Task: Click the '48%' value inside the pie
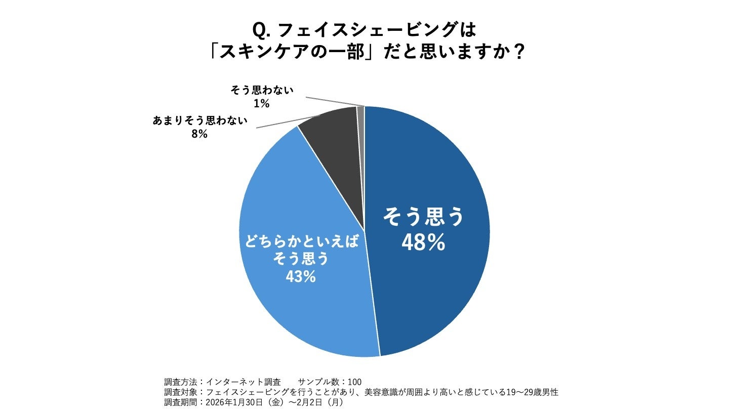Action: (423, 243)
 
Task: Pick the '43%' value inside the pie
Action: (302, 276)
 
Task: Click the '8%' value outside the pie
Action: (200, 134)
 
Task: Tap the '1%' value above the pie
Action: (262, 104)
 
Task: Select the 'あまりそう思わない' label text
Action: (200, 121)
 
